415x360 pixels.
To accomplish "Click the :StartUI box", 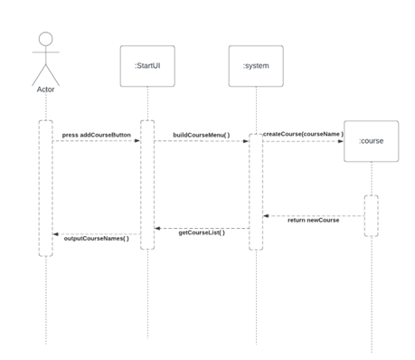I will point(146,65).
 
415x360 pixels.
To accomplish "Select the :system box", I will point(255,66).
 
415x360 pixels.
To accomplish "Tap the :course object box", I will point(371,141).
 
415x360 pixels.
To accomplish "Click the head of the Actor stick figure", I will point(44,42).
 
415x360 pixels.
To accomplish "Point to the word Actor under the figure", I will point(44,90).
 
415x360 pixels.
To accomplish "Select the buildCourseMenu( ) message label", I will point(201,136).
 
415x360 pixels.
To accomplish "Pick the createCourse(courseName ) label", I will point(303,134).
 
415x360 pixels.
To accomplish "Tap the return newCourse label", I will point(313,221).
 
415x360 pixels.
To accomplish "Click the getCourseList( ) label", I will point(201,232).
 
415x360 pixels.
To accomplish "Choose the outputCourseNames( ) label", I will point(96,239).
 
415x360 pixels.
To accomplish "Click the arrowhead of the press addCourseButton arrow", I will point(137,141).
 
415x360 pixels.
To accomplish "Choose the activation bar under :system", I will point(256,190).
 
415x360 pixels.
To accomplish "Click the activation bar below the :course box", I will point(371,215).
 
